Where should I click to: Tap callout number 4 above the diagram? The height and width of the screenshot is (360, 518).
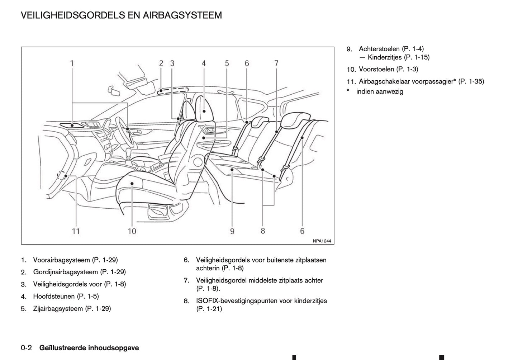coord(204,63)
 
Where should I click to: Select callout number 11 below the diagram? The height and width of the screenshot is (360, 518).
coord(76,231)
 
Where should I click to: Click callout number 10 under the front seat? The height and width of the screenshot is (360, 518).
coord(132,231)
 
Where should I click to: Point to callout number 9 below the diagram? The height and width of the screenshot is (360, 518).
coord(232,231)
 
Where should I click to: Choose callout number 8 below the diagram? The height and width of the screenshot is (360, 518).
coord(263,231)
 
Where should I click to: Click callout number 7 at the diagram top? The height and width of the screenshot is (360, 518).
coord(276,63)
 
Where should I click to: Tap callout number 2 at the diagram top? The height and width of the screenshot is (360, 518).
coord(161,63)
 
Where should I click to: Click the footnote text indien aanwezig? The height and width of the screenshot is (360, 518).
coord(380,91)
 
